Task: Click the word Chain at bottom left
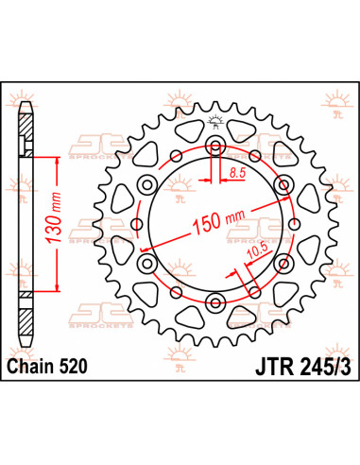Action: pyautogui.click(x=28, y=365)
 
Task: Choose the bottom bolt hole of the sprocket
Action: pyautogui.click(x=214, y=301)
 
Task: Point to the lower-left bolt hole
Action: pyautogui.click(x=148, y=263)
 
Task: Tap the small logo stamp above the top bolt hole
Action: pyautogui.click(x=214, y=119)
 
